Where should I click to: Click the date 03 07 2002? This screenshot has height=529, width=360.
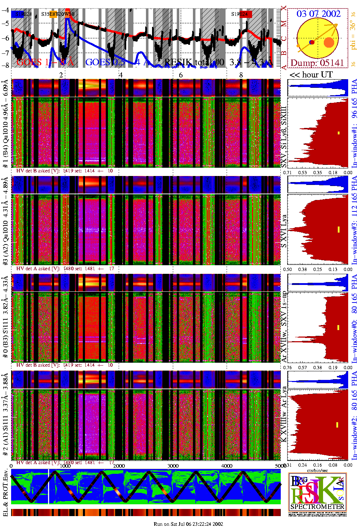[318, 14]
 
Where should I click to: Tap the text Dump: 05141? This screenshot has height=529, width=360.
[317, 63]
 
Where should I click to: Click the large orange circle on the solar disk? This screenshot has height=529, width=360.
[329, 43]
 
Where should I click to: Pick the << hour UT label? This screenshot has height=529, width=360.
[311, 75]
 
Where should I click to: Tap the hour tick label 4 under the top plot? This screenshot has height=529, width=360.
[121, 75]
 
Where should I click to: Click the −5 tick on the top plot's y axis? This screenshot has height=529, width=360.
[5, 23]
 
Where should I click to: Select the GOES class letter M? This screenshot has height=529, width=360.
[284, 24]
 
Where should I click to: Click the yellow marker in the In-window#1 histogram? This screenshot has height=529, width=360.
[338, 133]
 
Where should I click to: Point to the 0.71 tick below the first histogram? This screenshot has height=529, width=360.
[288, 172]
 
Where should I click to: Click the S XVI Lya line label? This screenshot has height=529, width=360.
[284, 231]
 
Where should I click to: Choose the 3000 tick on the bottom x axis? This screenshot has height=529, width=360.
[173, 466]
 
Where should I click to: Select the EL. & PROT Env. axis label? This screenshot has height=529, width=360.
[5, 492]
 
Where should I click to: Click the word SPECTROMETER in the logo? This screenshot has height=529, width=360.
[317, 507]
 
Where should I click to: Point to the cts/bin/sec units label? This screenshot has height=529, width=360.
[317, 470]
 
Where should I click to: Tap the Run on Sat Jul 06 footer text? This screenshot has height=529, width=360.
[188, 524]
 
